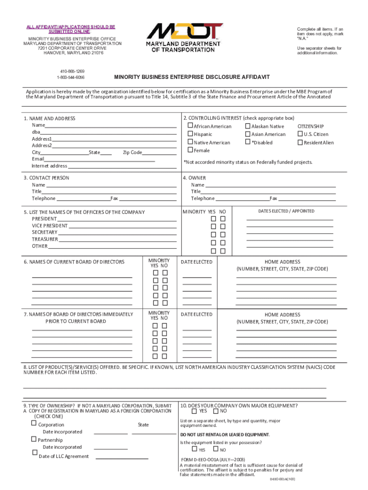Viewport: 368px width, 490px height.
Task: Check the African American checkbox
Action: point(190,126)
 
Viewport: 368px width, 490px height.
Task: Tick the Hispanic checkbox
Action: point(190,134)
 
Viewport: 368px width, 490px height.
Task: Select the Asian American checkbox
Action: point(248,134)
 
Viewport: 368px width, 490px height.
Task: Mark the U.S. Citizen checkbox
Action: point(300,134)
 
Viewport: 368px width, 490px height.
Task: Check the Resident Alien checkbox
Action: point(300,142)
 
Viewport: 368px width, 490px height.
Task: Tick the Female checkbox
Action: point(190,150)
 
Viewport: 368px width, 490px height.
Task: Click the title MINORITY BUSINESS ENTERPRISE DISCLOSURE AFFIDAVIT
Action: point(192,77)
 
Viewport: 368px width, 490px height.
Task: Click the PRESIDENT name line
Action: point(117,219)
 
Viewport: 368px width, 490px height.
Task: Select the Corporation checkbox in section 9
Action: point(34,423)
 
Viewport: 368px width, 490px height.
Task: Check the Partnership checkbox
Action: point(34,439)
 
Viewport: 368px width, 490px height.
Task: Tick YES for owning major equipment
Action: point(194,411)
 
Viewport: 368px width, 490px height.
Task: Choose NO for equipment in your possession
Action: point(216,449)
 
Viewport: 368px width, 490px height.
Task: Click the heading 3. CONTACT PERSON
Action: point(46,178)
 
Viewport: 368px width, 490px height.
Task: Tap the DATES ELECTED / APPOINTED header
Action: point(286,211)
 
